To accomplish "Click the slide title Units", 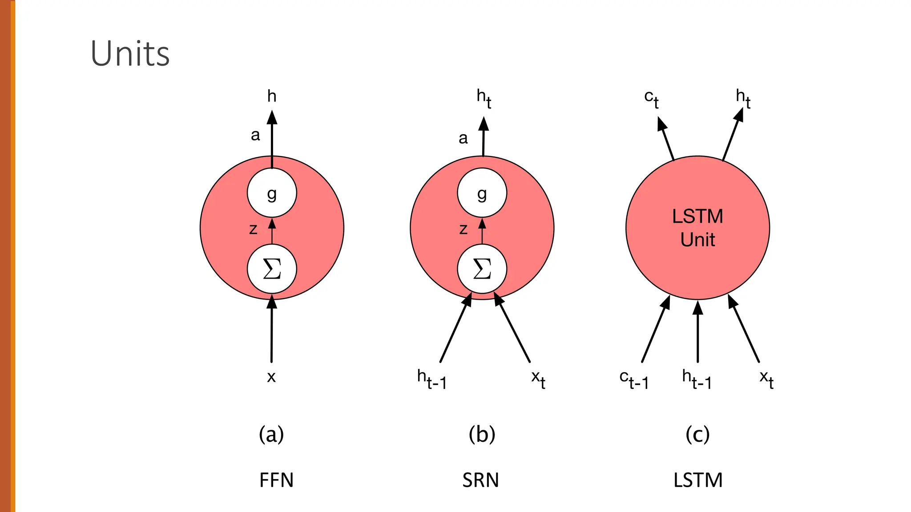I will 130,54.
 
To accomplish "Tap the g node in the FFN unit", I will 272,193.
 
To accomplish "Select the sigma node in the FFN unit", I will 272,269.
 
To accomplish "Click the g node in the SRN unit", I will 482,193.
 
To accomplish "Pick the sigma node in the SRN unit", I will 482,269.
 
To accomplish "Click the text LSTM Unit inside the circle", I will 697,228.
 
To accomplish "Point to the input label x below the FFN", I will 271,377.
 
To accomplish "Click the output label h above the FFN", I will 272,96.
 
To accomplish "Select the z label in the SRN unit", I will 463,229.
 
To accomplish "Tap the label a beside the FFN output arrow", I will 255,135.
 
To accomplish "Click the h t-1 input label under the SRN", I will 431,379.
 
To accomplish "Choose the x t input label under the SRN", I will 538,379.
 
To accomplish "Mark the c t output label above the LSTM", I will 651,99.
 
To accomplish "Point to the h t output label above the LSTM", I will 743,98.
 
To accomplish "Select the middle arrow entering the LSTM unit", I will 697,333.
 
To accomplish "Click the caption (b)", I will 482,434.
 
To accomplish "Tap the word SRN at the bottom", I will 480,480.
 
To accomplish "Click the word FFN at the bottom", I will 276,480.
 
